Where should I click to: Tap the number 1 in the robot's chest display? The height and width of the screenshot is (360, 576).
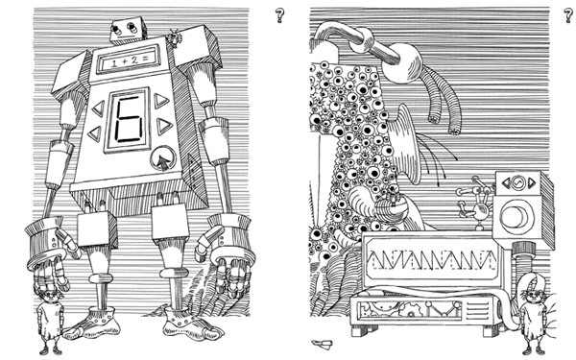(x=114, y=63)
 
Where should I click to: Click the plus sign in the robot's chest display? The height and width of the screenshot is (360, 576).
(x=124, y=61)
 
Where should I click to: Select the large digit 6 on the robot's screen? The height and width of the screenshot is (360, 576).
(x=129, y=119)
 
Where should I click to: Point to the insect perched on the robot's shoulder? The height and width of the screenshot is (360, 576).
(x=174, y=37)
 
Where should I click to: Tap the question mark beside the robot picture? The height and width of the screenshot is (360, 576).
(x=280, y=15)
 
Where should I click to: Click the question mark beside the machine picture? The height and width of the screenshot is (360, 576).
(x=569, y=15)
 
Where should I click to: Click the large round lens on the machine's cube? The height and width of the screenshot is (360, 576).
(x=515, y=216)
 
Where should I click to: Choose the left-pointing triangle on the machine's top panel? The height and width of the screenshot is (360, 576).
(x=507, y=182)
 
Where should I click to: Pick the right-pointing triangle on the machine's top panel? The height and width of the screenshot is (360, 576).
(x=532, y=182)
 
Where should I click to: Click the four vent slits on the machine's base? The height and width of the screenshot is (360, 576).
(x=476, y=310)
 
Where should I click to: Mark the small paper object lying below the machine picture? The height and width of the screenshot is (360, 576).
(x=323, y=345)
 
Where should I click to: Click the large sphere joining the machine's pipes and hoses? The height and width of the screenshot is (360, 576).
(x=402, y=63)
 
